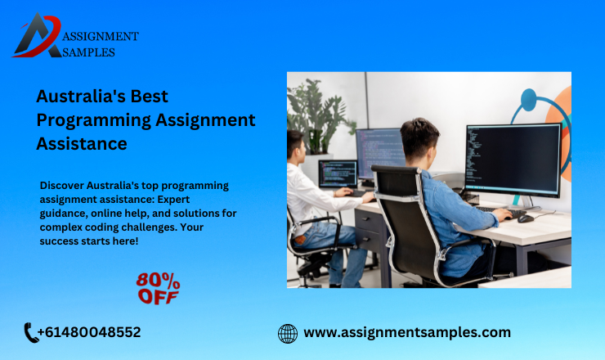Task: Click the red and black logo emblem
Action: [x=37, y=37]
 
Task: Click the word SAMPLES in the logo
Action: [x=88, y=52]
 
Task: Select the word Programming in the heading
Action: [x=93, y=119]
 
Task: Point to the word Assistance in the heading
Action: [x=82, y=144]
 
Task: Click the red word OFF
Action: [x=158, y=296]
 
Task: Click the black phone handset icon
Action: [x=32, y=332]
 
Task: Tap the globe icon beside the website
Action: [x=288, y=333]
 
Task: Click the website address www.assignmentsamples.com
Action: [x=407, y=332]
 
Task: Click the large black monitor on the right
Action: [x=512, y=160]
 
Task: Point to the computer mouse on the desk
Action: [x=525, y=218]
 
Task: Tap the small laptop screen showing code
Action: [x=337, y=173]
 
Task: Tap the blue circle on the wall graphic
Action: [x=528, y=103]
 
